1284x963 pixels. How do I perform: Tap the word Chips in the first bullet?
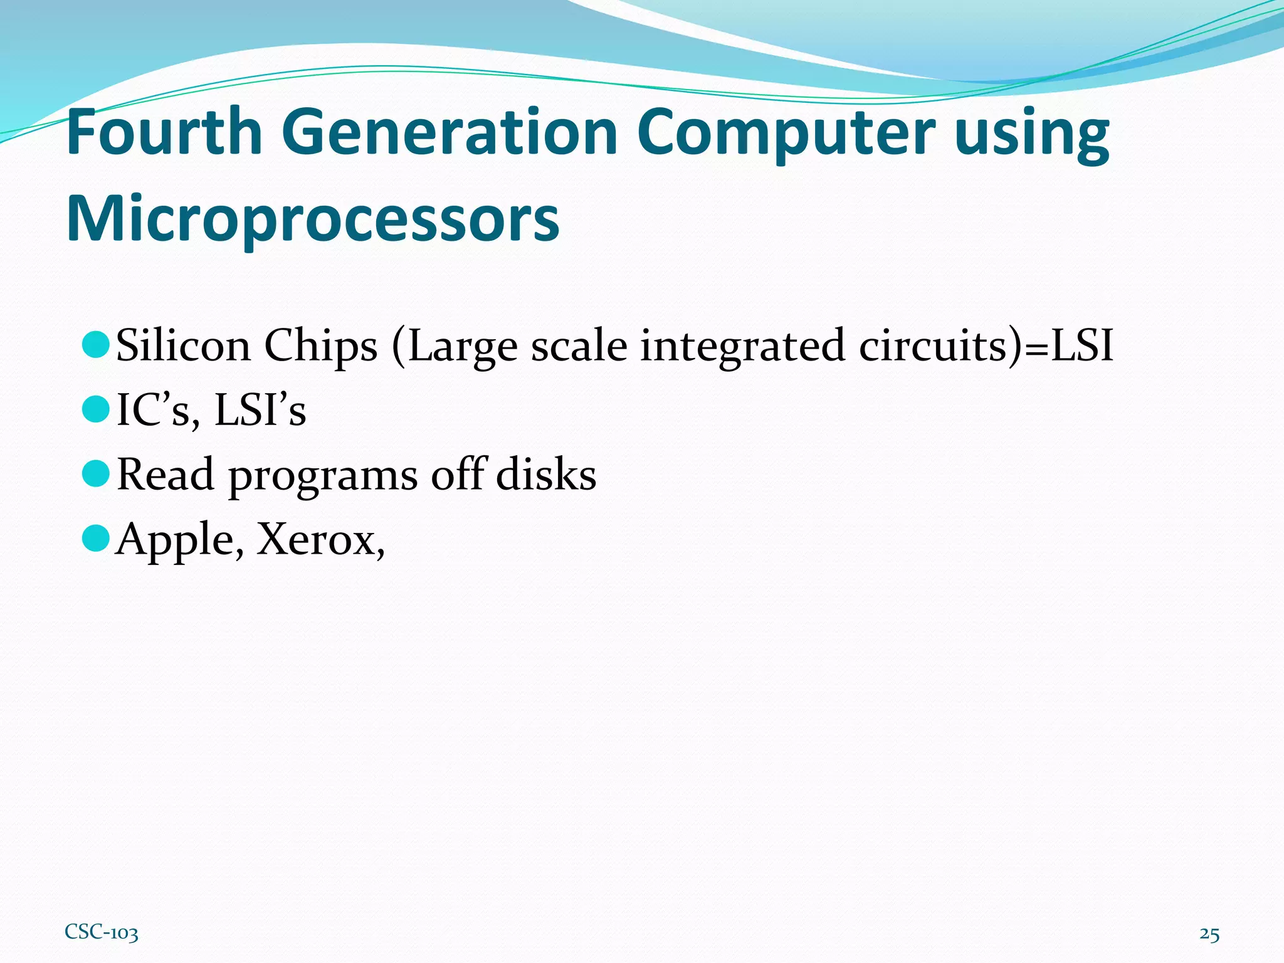click(320, 346)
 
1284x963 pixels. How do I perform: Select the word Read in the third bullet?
click(166, 474)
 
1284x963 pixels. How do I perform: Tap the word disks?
click(546, 474)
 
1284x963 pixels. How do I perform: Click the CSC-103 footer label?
click(101, 933)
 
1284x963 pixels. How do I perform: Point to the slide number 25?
click(1209, 934)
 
